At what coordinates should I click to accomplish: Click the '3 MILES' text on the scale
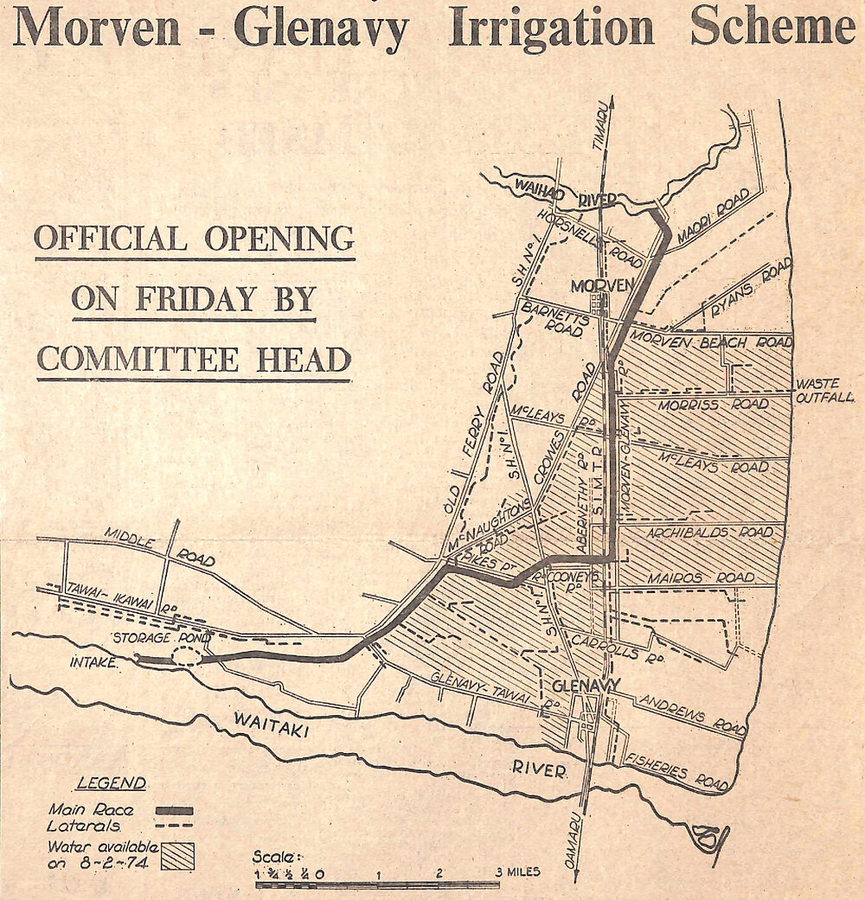(517, 872)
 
